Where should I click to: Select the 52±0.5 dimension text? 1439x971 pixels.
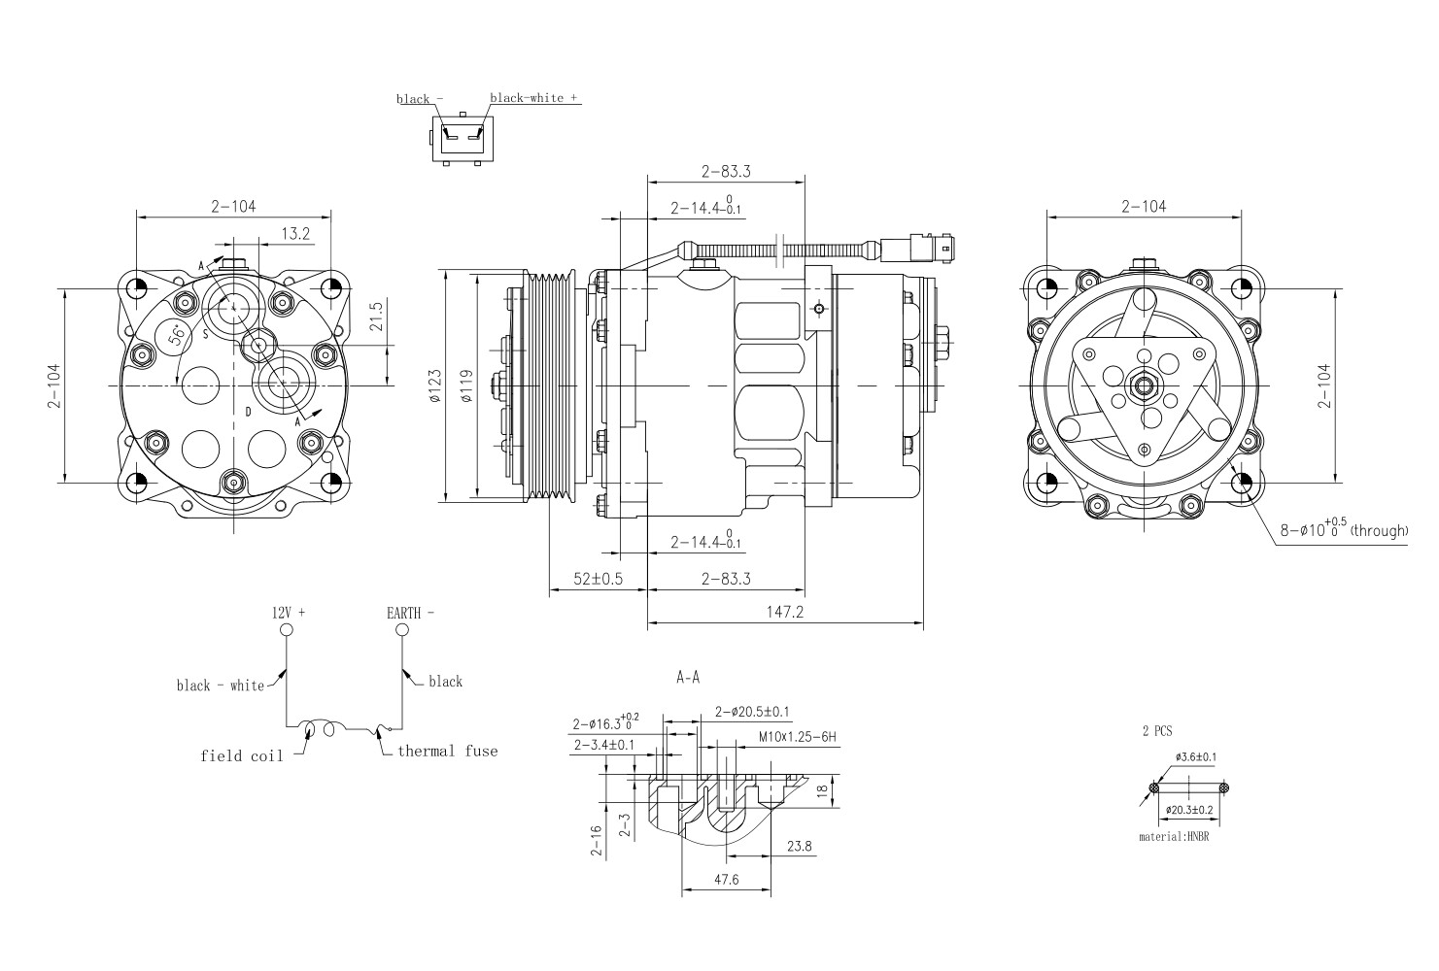[599, 579]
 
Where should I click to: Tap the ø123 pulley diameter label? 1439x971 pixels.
[435, 385]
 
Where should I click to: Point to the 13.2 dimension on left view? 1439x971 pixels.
[295, 233]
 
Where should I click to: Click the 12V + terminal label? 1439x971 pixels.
[288, 613]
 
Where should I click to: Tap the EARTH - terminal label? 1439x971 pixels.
[410, 613]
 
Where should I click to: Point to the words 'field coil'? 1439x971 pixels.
[242, 755]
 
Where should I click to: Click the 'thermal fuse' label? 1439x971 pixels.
[447, 751]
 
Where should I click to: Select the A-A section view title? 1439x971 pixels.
[688, 678]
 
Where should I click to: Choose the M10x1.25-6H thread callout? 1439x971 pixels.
[798, 737]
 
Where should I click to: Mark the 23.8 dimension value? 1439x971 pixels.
[799, 847]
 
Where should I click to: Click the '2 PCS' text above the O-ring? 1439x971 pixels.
[1157, 731]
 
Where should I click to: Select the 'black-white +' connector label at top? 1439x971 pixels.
[533, 98]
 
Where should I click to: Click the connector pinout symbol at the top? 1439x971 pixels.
[461, 139]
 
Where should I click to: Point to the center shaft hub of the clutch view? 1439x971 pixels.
[1144, 385]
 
